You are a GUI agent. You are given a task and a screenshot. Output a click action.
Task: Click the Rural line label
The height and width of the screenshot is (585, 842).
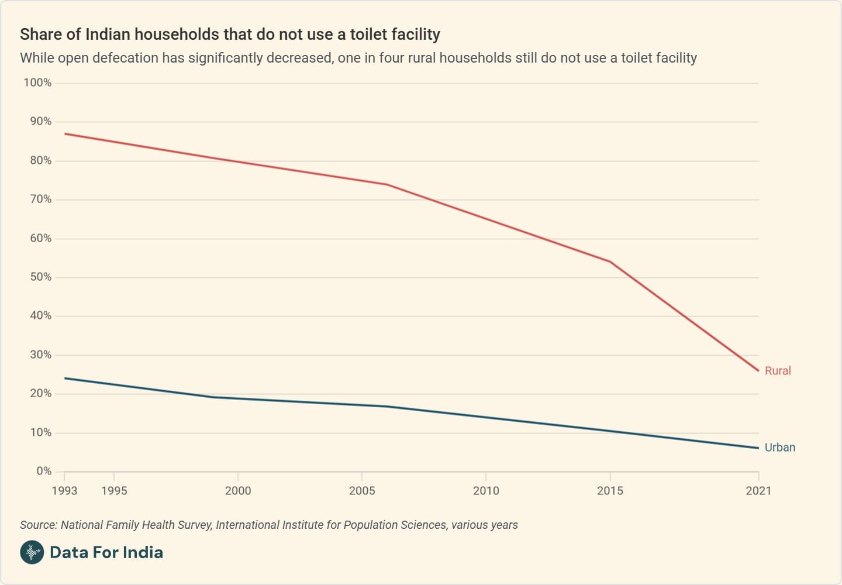(778, 371)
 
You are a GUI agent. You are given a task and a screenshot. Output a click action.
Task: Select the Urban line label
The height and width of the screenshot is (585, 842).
(780, 448)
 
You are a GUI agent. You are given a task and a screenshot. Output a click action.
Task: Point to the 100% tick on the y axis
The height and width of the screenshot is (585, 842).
(37, 83)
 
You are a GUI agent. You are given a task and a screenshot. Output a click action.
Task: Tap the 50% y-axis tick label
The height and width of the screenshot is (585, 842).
(41, 277)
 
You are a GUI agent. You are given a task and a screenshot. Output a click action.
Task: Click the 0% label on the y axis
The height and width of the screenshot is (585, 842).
(44, 472)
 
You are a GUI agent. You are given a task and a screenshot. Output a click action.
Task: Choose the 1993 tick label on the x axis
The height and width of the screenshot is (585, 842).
(64, 491)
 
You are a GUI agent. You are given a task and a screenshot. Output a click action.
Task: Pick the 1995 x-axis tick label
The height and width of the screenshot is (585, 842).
(114, 491)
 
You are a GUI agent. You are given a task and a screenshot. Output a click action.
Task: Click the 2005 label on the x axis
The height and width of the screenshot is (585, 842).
(362, 491)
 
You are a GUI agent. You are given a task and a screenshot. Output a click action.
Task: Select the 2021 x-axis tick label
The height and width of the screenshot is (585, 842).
(758, 491)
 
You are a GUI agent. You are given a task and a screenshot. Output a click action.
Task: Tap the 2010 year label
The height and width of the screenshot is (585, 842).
(486, 491)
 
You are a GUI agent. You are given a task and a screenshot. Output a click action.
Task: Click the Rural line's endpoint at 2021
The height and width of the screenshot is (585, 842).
(758, 371)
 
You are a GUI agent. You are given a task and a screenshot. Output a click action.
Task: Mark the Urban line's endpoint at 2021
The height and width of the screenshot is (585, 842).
(758, 448)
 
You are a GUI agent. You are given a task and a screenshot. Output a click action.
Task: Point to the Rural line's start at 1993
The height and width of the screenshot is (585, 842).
(65, 134)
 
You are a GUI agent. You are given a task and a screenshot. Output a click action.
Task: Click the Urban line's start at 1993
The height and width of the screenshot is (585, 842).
(65, 378)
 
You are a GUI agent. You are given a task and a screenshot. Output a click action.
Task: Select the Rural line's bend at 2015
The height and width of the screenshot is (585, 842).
(610, 261)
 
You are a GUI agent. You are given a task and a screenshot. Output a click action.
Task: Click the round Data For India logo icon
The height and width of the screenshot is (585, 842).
(32, 552)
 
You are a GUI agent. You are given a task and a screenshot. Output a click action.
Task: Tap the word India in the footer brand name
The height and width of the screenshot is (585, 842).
(143, 552)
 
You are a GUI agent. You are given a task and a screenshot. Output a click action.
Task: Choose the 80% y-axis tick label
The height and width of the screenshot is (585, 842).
(41, 160)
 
